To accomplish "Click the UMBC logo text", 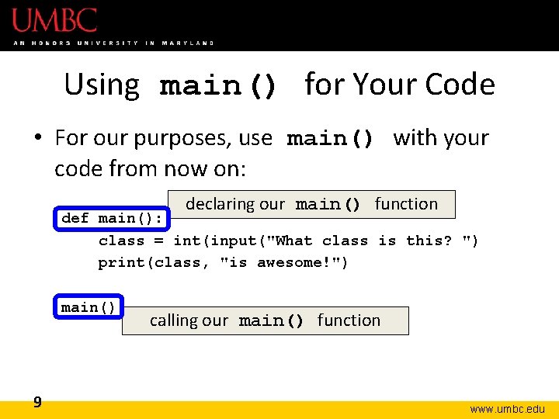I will pos(54,19).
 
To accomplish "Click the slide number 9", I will pos(37,402).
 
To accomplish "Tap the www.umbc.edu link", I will pos(507,408).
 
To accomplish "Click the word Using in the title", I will pos(102,85).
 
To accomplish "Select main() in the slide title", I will pos(218,86).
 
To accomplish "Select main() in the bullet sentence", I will pos(330,140).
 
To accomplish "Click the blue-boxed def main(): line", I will pos(112,219).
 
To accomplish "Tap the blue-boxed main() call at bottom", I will pos(89,307).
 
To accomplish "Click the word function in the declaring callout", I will pos(406,204).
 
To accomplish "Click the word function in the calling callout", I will pos(349,320).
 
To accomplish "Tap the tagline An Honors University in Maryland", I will pos(113,43).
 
